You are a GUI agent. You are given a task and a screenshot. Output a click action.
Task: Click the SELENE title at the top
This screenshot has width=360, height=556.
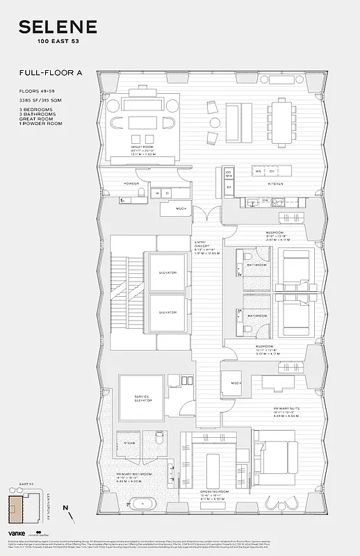(57, 28)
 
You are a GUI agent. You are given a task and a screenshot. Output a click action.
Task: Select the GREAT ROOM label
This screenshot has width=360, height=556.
(142, 147)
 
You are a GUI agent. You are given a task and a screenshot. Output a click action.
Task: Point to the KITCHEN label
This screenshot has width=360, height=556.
(277, 183)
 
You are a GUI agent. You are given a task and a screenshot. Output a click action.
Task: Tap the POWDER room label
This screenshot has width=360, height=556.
(132, 183)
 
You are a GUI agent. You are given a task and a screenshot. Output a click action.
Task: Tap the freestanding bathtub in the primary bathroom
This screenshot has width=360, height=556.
(145, 502)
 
